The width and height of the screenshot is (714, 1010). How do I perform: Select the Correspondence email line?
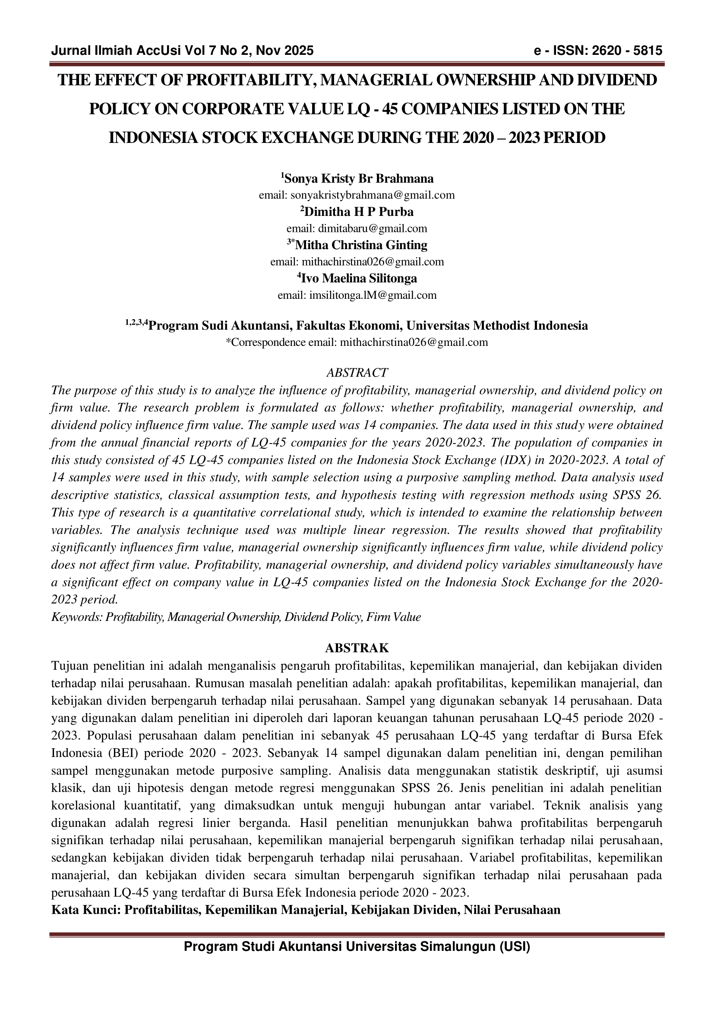pos(357,342)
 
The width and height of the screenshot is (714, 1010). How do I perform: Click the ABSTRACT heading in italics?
pos(357,373)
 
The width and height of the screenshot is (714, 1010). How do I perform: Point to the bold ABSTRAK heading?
pos(357,648)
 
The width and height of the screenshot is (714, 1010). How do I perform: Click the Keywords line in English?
pos(236,617)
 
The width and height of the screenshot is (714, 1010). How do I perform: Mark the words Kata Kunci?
pos(85,910)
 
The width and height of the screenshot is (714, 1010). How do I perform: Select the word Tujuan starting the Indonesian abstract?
pos(70,666)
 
